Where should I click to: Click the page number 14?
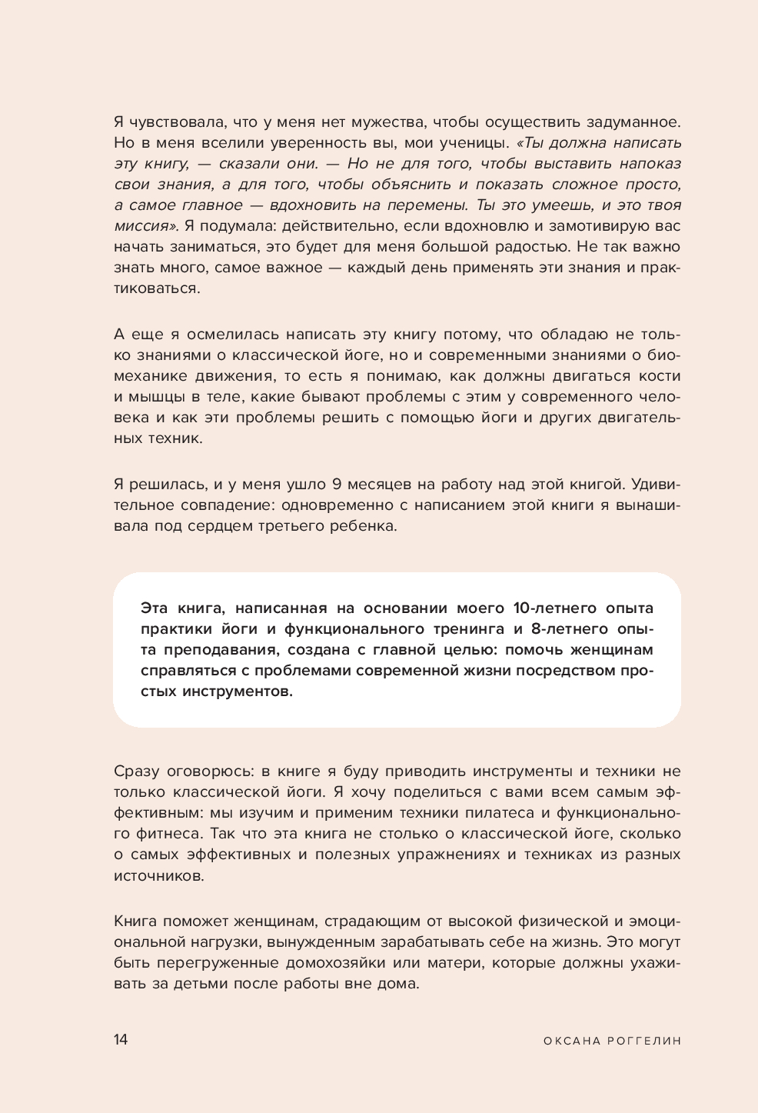(121, 1040)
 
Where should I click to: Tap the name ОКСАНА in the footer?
(570, 1041)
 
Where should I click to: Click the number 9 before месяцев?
(337, 485)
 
